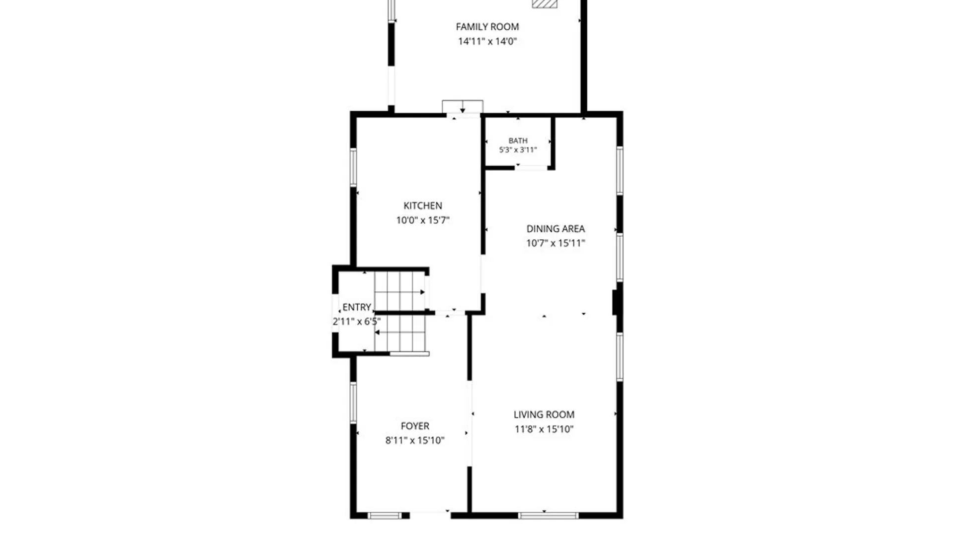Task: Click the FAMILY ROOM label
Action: [487, 27]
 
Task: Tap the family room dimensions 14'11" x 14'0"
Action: [487, 41]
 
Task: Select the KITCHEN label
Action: [423, 205]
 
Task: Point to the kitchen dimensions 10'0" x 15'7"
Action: [423, 220]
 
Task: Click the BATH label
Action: [518, 141]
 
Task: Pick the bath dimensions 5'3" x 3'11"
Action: [518, 150]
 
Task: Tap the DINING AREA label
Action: [556, 229]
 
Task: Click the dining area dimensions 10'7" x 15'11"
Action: [556, 243]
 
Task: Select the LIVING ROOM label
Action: [544, 414]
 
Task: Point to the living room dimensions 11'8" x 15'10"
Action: [544, 429]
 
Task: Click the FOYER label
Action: [415, 426]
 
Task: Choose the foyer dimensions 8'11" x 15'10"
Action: [415, 440]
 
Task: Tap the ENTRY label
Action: [357, 307]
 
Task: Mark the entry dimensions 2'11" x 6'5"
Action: [357, 322]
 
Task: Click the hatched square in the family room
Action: [545, 3]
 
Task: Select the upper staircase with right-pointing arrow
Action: [400, 291]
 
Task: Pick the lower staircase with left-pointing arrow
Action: [400, 334]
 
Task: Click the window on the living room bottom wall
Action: [548, 516]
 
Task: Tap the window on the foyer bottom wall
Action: [385, 516]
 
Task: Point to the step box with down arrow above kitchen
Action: [463, 107]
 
